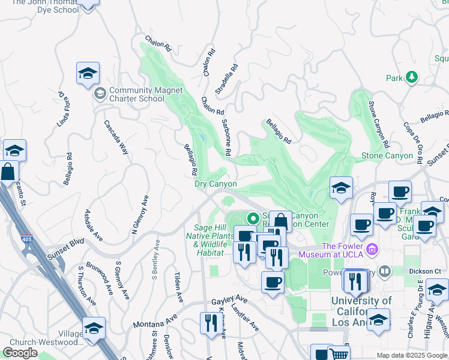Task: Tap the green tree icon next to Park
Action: [x=411, y=77]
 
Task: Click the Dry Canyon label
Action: [x=215, y=184]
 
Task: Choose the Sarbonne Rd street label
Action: [x=227, y=137]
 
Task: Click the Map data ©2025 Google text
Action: [x=412, y=355]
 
